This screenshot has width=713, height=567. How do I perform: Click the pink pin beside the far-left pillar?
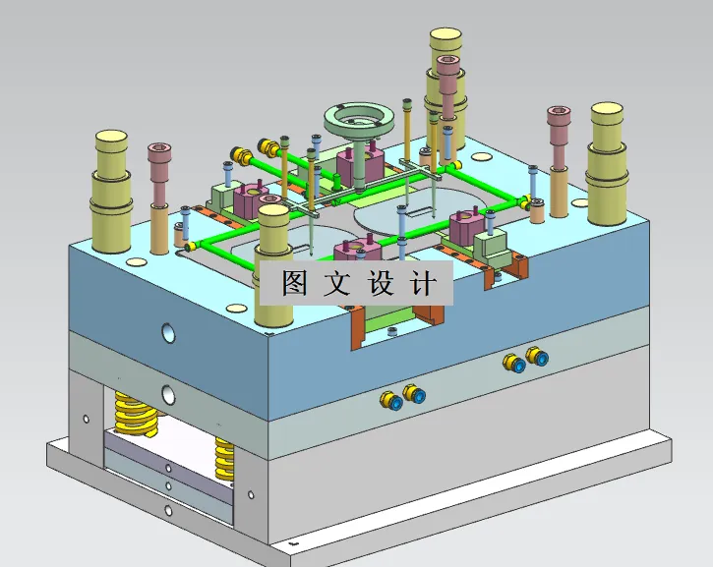pyautogui.click(x=160, y=197)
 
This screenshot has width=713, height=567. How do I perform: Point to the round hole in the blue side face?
pyautogui.click(x=167, y=332)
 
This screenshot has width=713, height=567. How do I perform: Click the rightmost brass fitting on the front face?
pyautogui.click(x=535, y=357)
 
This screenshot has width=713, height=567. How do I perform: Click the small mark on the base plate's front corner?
pyautogui.click(x=290, y=541)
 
